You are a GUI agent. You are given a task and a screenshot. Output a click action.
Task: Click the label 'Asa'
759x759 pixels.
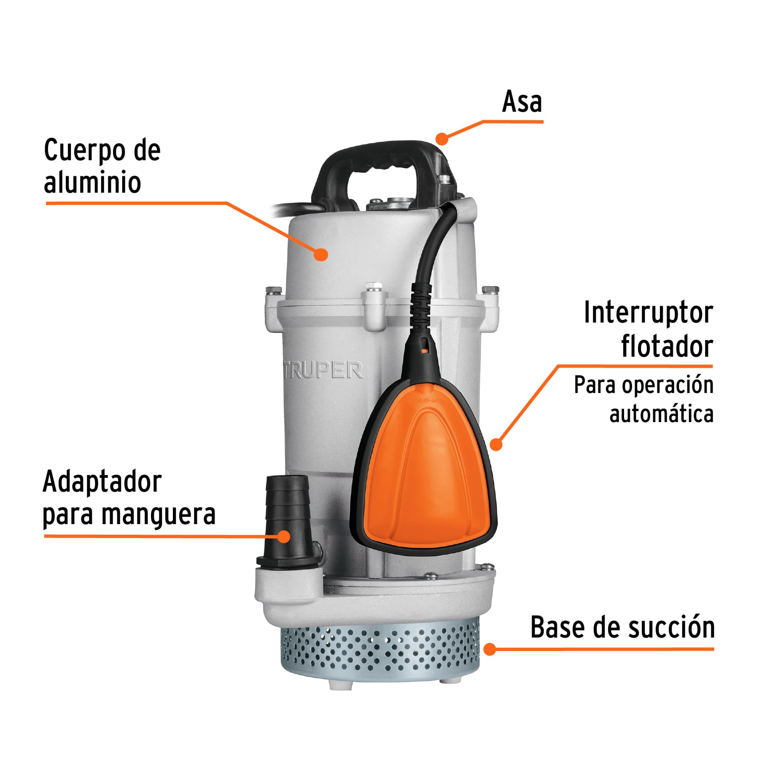(522, 102)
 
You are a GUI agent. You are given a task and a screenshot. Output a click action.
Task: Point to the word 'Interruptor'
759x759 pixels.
(648, 314)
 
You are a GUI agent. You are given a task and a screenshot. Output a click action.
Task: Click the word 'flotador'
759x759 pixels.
(667, 347)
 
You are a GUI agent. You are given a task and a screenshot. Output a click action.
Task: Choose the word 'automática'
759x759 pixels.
(661, 414)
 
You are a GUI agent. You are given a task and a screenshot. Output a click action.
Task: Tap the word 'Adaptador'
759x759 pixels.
(102, 482)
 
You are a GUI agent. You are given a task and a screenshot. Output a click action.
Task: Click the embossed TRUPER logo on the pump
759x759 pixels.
(323, 371)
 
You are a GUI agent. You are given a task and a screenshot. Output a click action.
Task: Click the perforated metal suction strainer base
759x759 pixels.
(379, 649)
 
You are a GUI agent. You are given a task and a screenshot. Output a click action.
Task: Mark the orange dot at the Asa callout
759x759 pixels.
(441, 138)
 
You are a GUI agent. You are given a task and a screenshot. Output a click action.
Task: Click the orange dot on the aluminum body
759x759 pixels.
(321, 254)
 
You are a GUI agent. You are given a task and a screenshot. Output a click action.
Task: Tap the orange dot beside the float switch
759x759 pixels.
(496, 444)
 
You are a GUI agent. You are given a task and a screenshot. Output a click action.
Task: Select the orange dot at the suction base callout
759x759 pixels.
(490, 649)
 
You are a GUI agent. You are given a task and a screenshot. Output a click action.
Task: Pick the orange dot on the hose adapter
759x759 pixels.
(285, 537)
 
